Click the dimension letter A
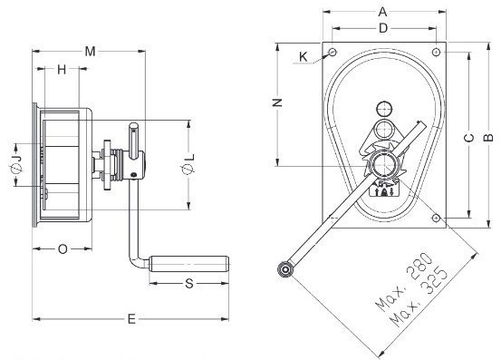point(382,12)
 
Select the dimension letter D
point(383,28)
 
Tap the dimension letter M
point(90,51)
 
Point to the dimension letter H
point(62,69)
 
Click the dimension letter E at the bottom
point(131,319)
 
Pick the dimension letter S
point(189,283)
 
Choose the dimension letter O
point(63,248)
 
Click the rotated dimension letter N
point(277,102)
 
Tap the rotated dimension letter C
point(468,138)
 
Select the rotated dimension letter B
point(488,138)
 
